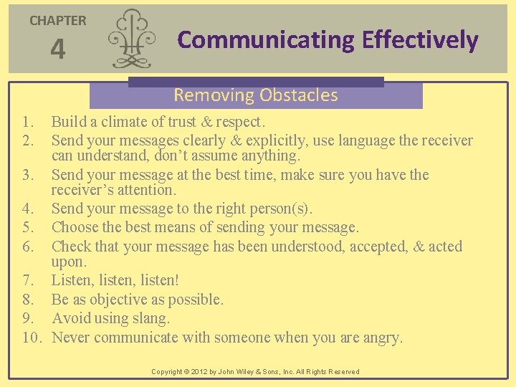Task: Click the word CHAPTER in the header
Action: pyautogui.click(x=57, y=21)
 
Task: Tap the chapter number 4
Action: pyautogui.click(x=57, y=50)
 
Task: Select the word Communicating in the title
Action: pyautogui.click(x=265, y=40)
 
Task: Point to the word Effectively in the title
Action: pyautogui.click(x=420, y=40)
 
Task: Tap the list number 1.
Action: pyautogui.click(x=27, y=123)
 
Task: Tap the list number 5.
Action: pyautogui.click(x=27, y=228)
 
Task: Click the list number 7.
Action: pyautogui.click(x=27, y=280)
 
